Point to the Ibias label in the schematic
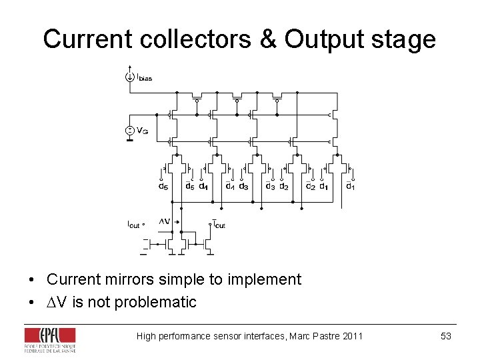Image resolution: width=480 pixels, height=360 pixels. [x=144, y=78]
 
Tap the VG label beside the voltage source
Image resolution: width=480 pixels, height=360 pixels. [x=143, y=131]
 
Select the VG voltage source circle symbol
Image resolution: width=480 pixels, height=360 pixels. [x=129, y=131]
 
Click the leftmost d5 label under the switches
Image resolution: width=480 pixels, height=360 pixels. [x=163, y=187]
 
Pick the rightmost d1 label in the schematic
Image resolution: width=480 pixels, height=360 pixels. [x=350, y=187]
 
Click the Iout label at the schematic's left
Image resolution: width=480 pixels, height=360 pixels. [x=135, y=225]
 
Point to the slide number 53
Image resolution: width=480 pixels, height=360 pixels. [x=446, y=336]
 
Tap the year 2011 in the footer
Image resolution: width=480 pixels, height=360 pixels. [x=351, y=336]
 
